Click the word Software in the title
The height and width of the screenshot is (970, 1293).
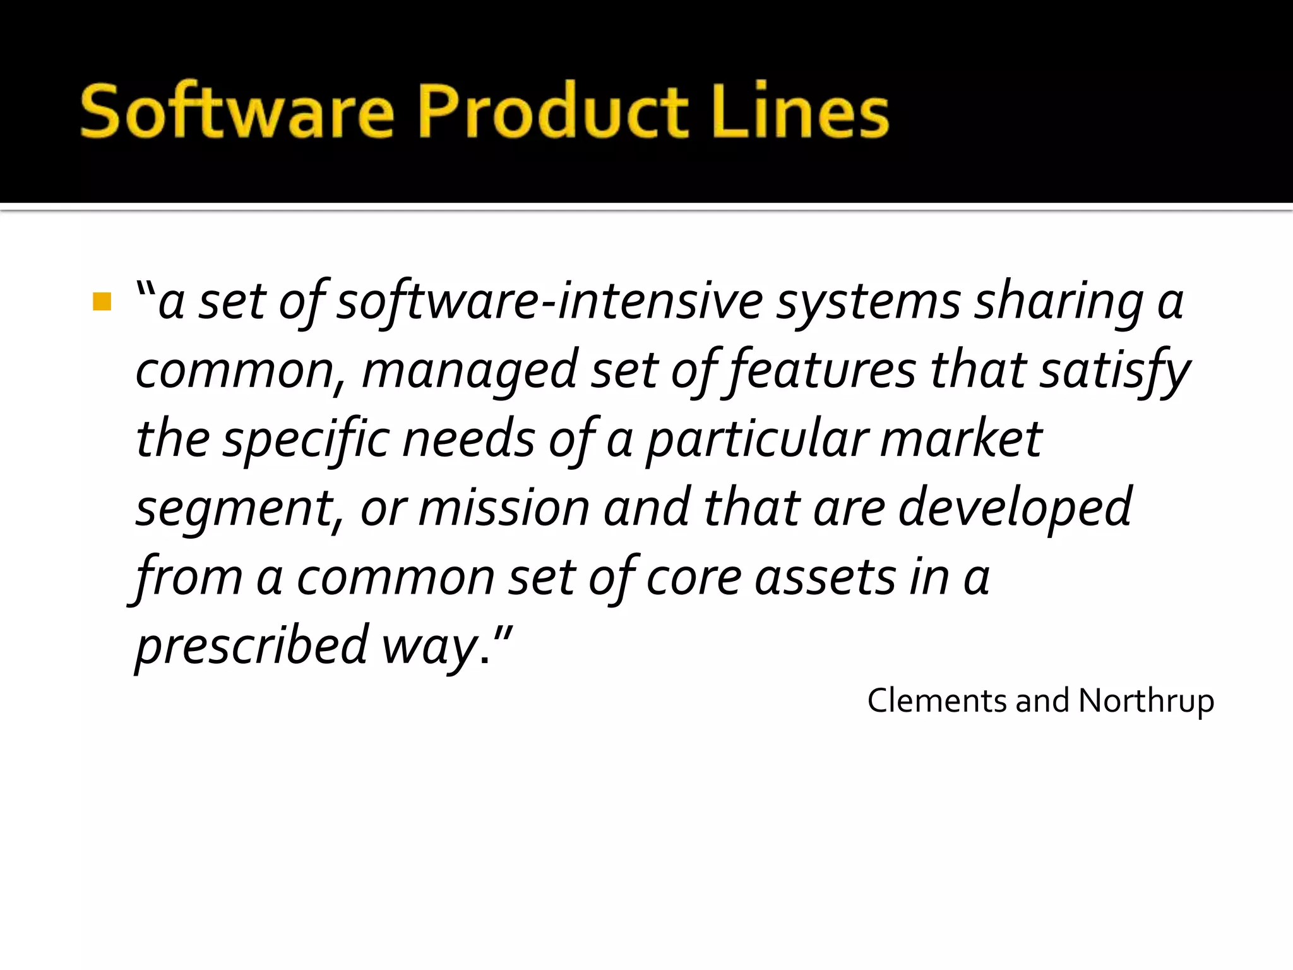tap(237, 112)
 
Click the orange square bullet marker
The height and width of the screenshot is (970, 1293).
tap(102, 301)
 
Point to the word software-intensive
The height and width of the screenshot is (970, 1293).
tap(549, 301)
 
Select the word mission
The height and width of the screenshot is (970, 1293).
tap(504, 508)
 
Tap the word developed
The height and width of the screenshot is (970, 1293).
tap(1015, 508)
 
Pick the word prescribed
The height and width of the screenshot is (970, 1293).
tap(251, 645)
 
